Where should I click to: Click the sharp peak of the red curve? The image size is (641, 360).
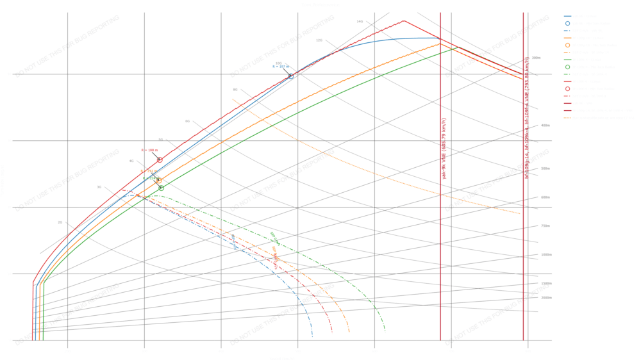pyautogui.click(x=403, y=20)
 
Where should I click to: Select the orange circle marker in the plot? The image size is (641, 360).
pyautogui.click(x=158, y=181)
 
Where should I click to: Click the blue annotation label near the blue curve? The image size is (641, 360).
pyautogui.click(x=281, y=65)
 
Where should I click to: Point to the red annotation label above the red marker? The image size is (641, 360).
pyautogui.click(x=149, y=151)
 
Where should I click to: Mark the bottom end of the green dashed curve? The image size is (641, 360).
pyautogui.click(x=385, y=332)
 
